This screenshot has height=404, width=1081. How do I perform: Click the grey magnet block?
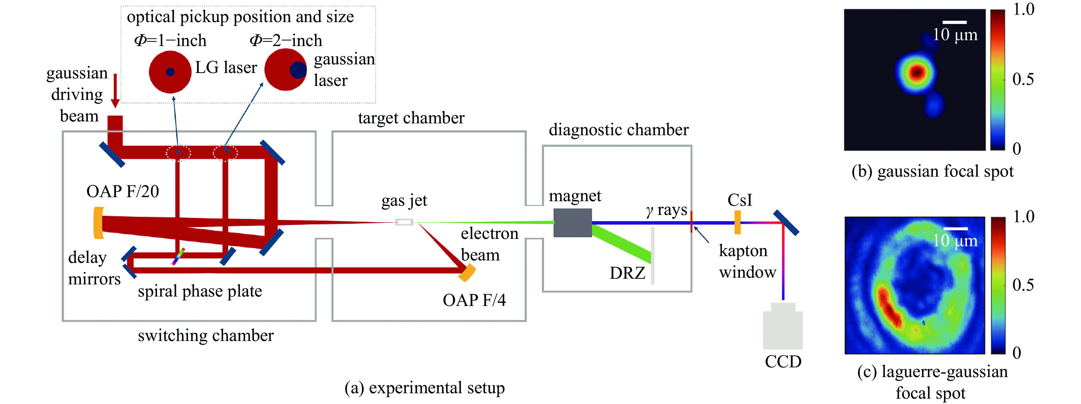[x=572, y=222]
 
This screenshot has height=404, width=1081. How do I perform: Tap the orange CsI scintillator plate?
[x=737, y=222]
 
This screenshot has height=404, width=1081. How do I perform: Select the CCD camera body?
[x=783, y=328]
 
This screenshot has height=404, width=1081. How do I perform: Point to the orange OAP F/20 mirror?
[x=98, y=222]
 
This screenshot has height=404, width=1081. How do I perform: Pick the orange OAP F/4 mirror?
[x=467, y=272]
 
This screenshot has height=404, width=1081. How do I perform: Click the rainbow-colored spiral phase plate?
[x=178, y=257]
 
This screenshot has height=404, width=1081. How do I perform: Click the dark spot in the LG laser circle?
[x=170, y=72]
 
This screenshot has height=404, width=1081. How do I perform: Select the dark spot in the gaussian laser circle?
[x=298, y=70]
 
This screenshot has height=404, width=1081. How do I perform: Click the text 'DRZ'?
[x=627, y=273]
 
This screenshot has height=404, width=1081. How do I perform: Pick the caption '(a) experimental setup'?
[x=424, y=388]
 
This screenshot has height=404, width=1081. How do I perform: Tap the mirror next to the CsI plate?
[x=786, y=222]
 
